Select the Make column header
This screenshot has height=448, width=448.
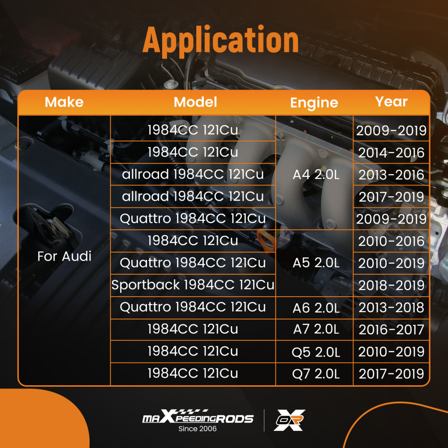tap(64, 102)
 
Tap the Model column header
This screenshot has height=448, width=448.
tap(195, 102)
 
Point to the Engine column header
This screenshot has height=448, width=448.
tap(314, 103)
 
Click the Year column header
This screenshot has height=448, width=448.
tap(391, 101)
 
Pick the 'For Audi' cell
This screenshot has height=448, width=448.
tap(64, 256)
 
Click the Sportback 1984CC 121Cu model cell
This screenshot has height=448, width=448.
tap(193, 285)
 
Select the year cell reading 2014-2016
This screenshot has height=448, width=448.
tap(391, 153)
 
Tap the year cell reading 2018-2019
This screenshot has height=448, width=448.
tap(391, 285)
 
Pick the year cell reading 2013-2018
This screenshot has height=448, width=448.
tap(391, 307)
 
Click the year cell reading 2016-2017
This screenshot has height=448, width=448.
tap(391, 329)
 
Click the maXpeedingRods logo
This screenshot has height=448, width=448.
tap(198, 416)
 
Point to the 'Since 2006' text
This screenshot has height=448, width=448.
tap(198, 429)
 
